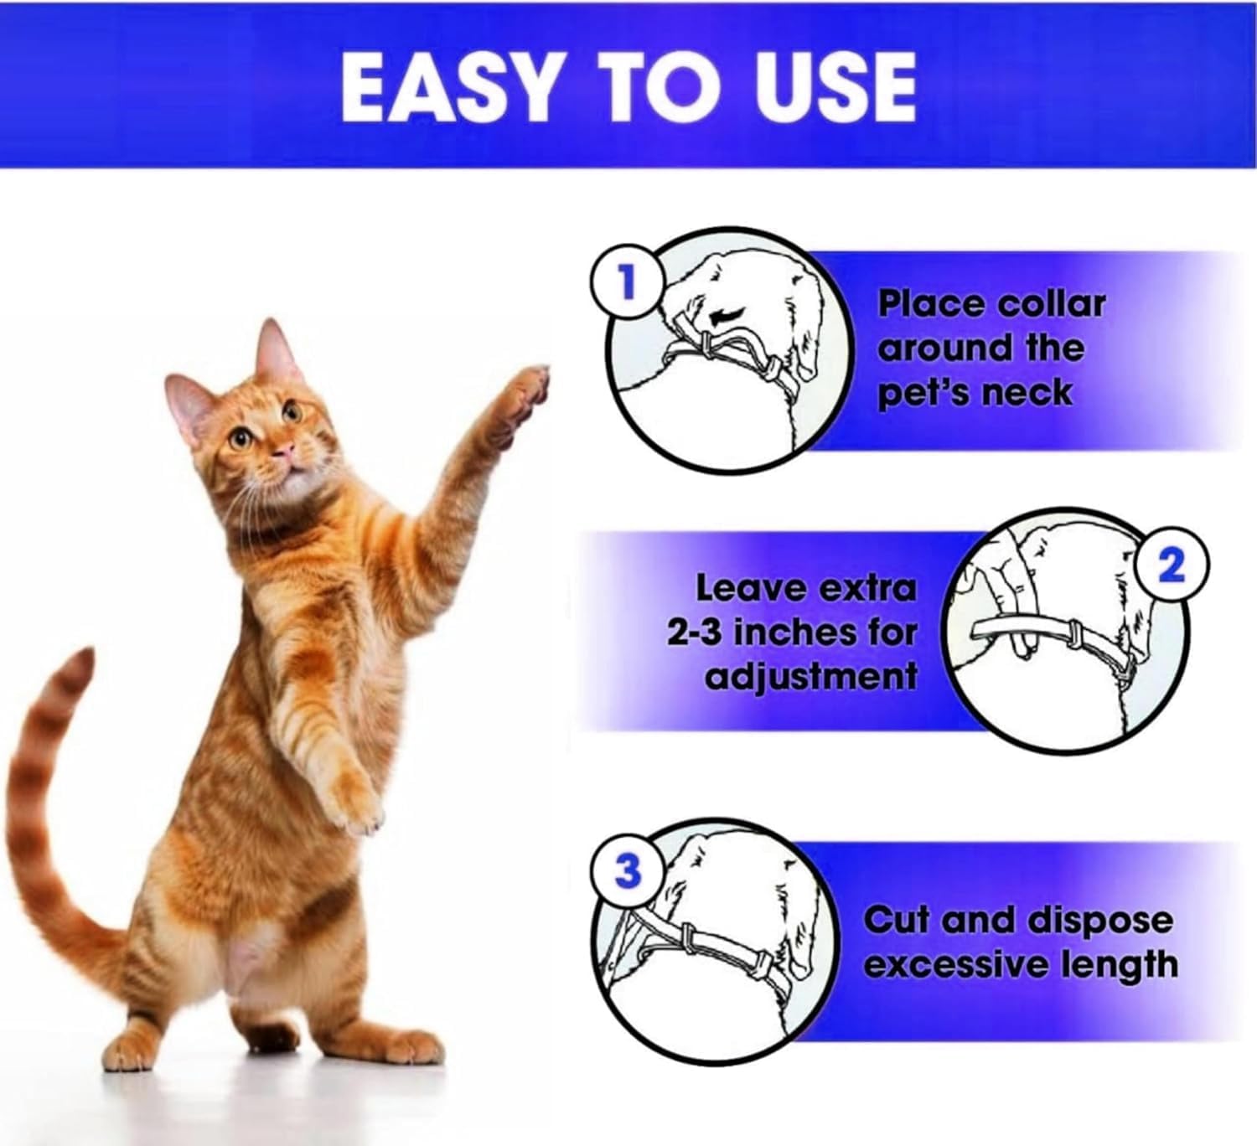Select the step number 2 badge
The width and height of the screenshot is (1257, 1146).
pos(1172,566)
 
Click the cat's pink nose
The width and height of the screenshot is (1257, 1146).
pos(285,449)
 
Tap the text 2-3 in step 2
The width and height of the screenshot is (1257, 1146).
pos(695,634)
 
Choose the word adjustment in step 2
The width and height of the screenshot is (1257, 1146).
pos(811,678)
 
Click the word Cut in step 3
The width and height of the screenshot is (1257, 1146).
pos(896,920)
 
